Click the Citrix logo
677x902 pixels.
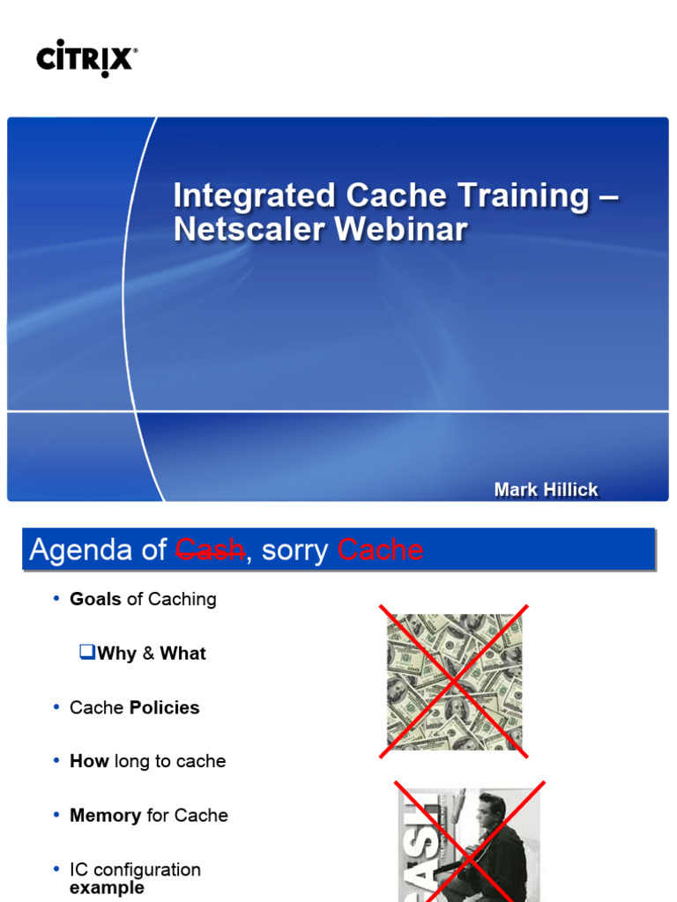point(86,58)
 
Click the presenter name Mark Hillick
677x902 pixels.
point(546,490)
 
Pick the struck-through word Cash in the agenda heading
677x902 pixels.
point(210,551)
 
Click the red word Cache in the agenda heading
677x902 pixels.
point(380,551)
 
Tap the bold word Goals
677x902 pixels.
point(95,599)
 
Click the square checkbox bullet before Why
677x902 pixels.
point(86,652)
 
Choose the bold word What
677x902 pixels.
point(182,654)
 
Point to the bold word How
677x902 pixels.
point(89,761)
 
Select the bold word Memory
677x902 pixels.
point(105,816)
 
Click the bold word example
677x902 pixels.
point(107,888)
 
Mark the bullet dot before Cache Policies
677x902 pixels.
point(56,707)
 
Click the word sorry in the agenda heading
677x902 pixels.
point(294,551)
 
